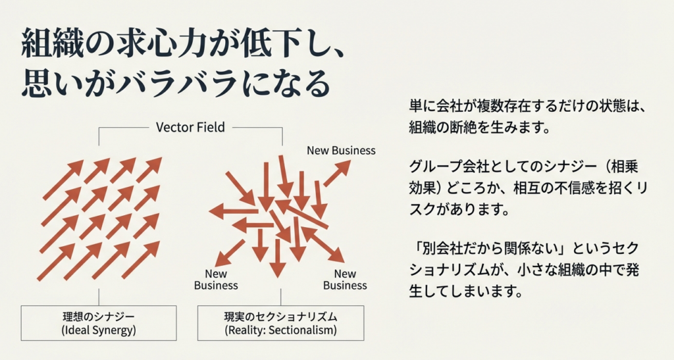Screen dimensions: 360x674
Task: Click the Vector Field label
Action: [x=190, y=127]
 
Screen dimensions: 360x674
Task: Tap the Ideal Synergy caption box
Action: [x=99, y=323]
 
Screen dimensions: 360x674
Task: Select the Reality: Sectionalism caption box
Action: [x=281, y=323]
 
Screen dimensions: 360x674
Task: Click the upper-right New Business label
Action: [x=341, y=150]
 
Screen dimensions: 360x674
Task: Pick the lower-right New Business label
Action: [x=345, y=280]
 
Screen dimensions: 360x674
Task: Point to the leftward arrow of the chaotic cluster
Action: [x=230, y=211]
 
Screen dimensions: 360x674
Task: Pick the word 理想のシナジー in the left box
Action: [x=99, y=317]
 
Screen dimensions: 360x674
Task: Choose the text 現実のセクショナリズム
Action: [x=281, y=317]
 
